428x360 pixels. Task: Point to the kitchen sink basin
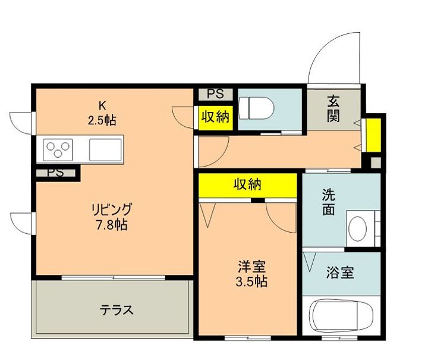tap(105, 149)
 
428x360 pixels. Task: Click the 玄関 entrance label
tap(333, 108)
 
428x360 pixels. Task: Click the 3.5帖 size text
tap(248, 282)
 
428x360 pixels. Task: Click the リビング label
tap(111, 210)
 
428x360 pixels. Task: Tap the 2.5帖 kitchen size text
tap(102, 120)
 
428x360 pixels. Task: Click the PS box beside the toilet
tap(215, 94)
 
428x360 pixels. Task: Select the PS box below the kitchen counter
tap(55, 173)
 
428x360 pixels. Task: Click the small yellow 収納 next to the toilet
tap(215, 117)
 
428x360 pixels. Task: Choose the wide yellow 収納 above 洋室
tap(247, 184)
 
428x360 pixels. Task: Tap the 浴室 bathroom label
tap(340, 273)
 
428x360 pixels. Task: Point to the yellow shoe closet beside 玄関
tap(373, 135)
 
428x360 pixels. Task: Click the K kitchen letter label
tap(102, 105)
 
